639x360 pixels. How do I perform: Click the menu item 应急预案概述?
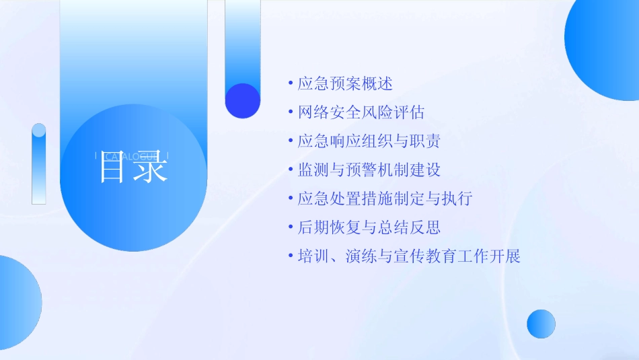click(x=345, y=83)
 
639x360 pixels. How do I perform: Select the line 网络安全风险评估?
click(x=361, y=112)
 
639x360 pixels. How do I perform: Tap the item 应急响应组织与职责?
click(x=369, y=141)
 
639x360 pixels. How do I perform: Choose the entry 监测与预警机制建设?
click(x=369, y=170)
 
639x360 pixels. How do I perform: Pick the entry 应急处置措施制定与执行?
click(x=385, y=199)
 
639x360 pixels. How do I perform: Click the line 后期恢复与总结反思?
click(x=369, y=228)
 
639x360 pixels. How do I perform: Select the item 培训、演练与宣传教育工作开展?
click(x=409, y=256)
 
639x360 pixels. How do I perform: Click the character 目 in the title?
click(x=113, y=168)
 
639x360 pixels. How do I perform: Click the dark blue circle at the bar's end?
click(x=242, y=101)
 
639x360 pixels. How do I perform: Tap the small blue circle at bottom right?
click(x=541, y=324)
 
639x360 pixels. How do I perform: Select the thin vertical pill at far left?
click(x=39, y=164)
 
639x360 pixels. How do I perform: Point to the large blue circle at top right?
click(x=605, y=47)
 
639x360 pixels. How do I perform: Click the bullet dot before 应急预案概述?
click(x=290, y=83)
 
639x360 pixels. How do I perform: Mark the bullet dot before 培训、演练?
click(x=290, y=256)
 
